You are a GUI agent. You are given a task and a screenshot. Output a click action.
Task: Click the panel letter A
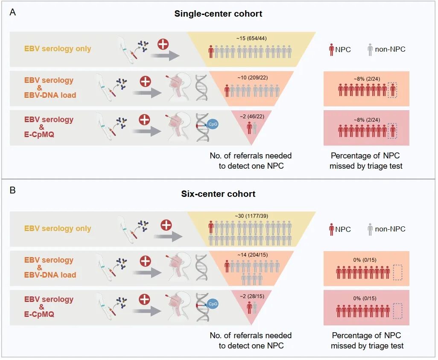point(13,12)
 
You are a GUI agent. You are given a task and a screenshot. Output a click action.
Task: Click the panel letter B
point(13,190)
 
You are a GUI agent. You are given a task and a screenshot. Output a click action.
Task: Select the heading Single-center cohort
point(218,14)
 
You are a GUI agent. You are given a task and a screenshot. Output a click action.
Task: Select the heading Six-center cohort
point(218,193)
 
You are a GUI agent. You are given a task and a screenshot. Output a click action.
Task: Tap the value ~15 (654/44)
point(251,38)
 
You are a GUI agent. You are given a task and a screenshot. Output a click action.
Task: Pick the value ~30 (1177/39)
point(251,217)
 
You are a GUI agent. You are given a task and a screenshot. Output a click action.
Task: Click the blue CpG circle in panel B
point(212,304)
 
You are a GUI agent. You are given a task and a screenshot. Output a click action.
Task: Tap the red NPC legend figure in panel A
point(331,49)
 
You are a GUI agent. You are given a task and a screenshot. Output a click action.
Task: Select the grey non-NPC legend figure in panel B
point(370,229)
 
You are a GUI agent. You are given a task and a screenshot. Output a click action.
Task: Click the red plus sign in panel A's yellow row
point(163,44)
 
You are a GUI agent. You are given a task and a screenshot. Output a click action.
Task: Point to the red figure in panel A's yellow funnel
point(211,52)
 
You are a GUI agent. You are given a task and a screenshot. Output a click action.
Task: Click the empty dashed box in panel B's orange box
point(397,272)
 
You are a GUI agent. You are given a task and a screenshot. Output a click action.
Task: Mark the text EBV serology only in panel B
point(58,228)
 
